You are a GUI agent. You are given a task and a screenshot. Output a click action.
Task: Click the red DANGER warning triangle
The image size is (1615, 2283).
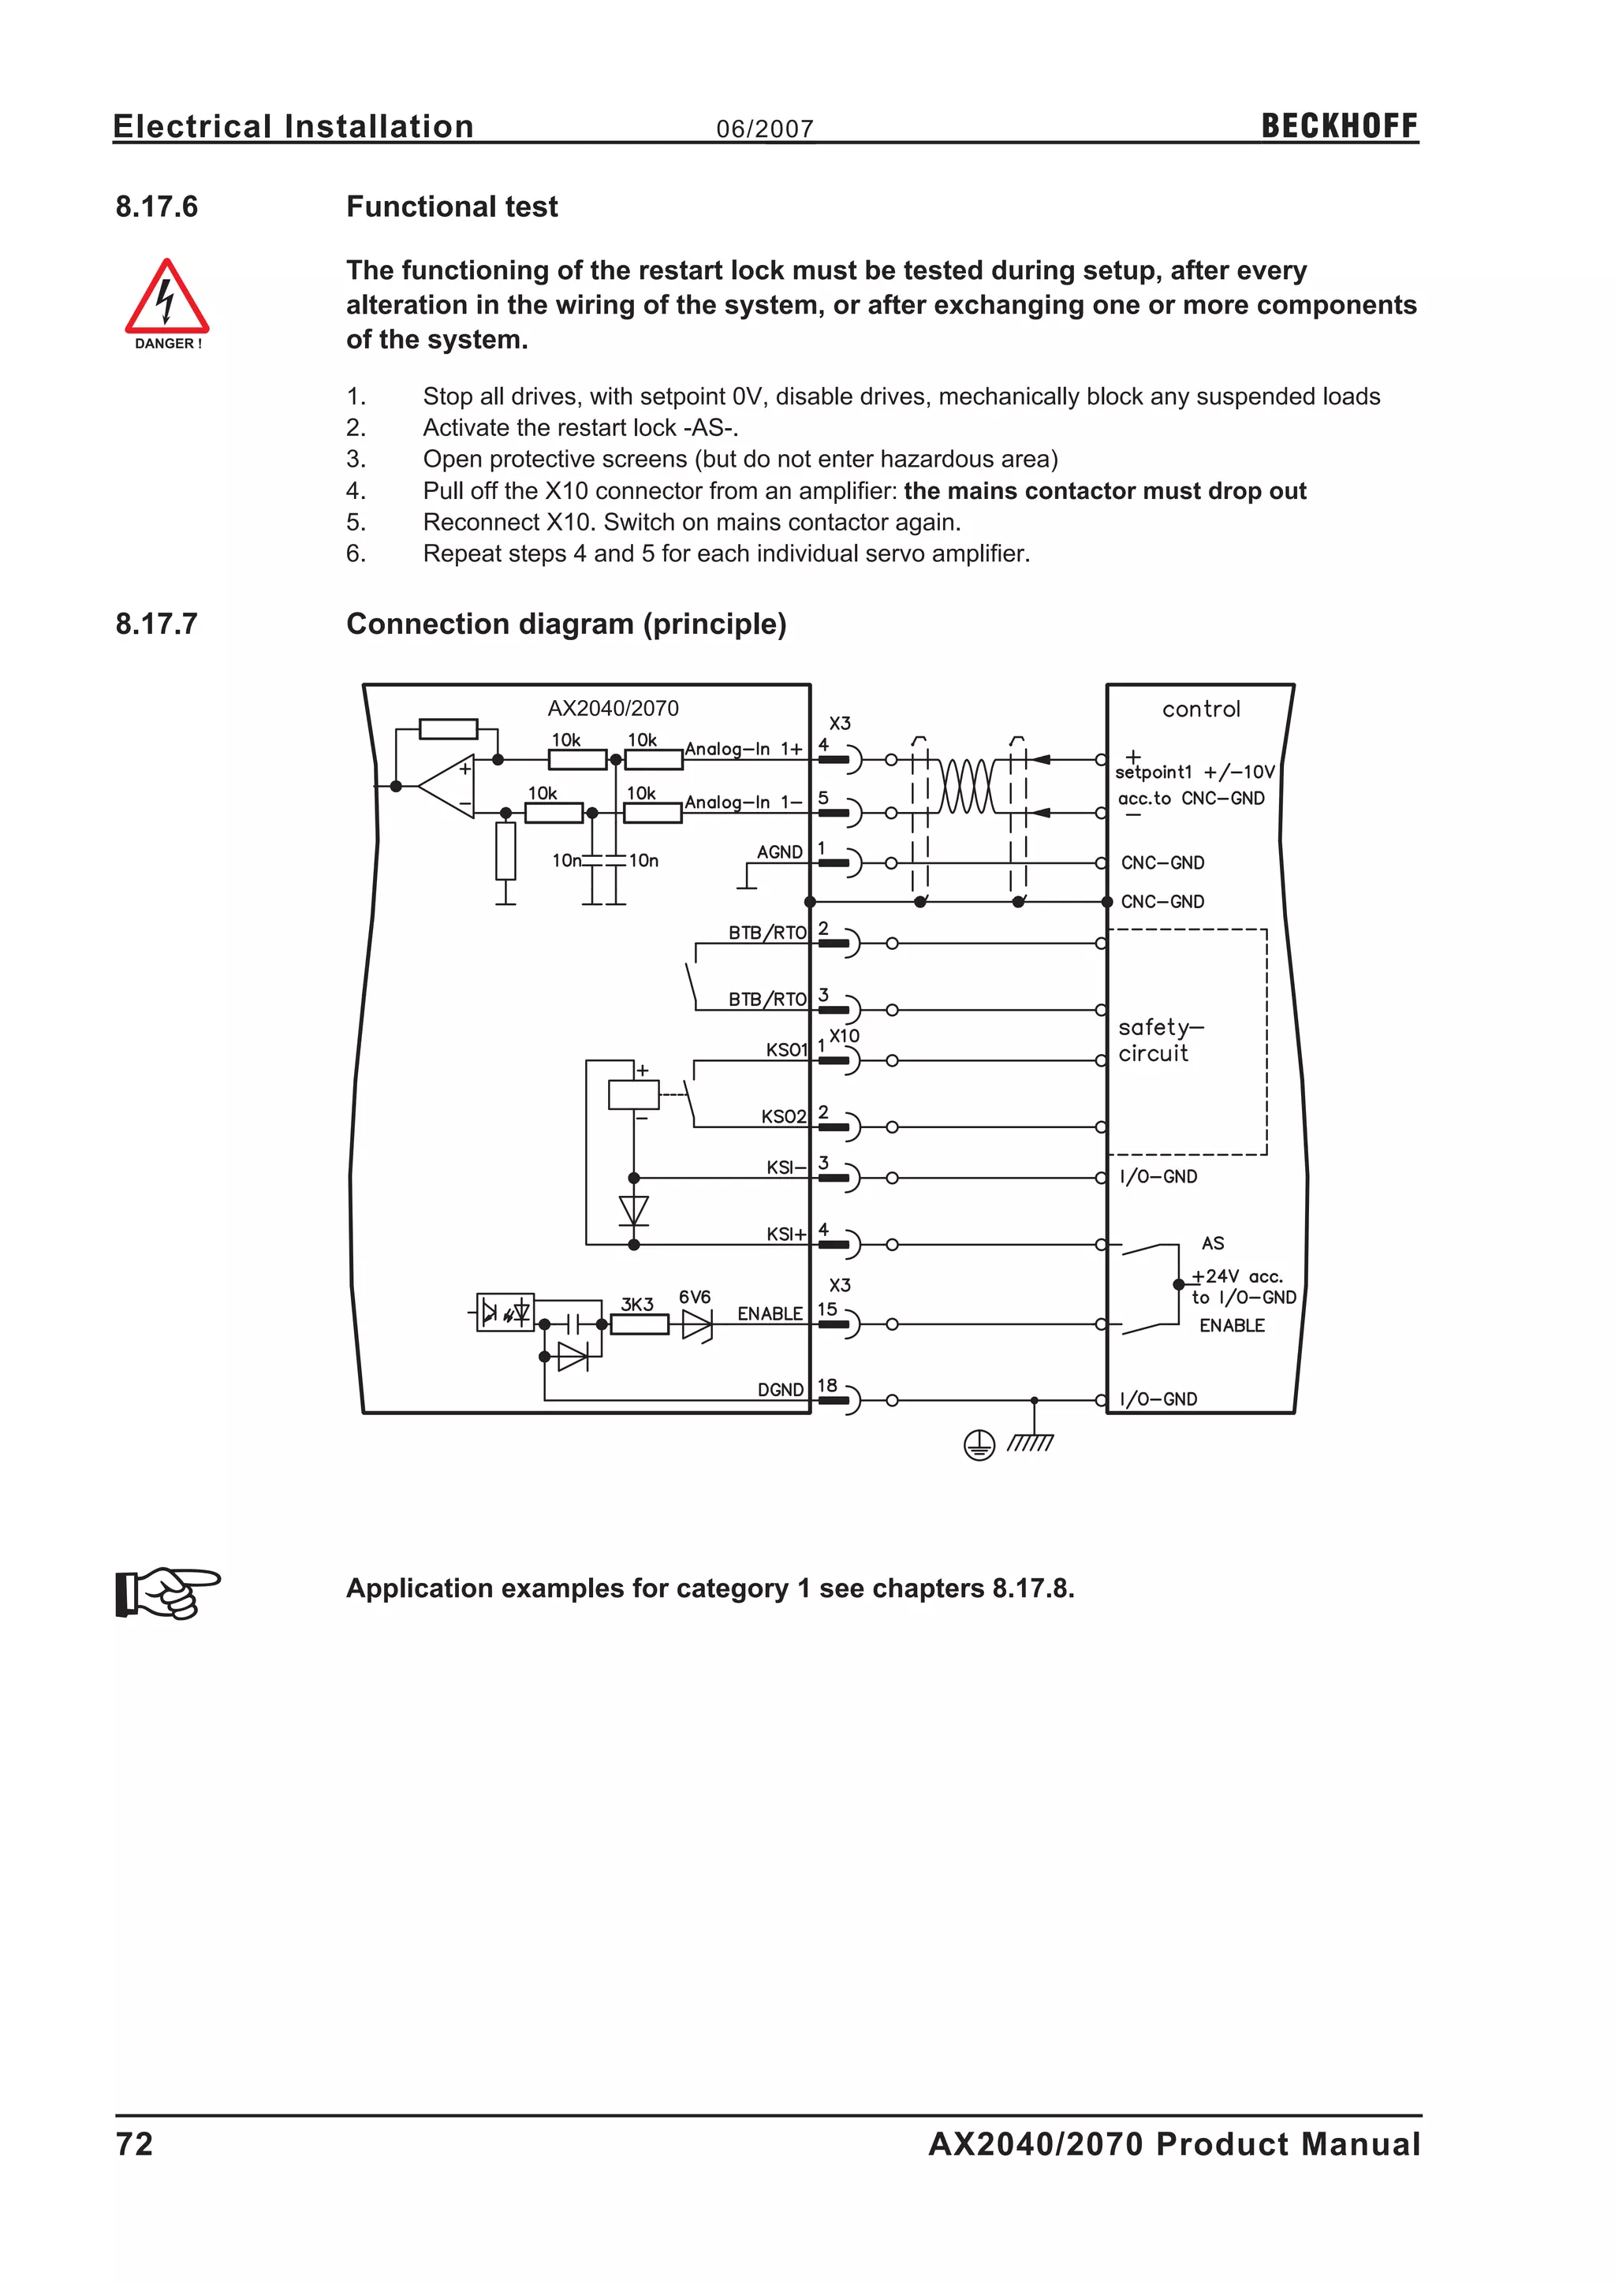tap(166, 298)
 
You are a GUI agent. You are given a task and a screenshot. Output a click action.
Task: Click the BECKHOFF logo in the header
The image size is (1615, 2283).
tap(1338, 126)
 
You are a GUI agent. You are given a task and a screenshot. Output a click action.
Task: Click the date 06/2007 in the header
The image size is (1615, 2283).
tap(765, 129)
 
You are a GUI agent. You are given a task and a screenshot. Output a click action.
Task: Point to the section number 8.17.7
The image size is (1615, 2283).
tap(157, 624)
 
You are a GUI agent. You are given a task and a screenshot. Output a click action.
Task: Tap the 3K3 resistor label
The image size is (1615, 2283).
tap(637, 1304)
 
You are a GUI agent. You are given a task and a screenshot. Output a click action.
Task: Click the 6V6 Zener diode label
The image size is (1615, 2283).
tap(694, 1297)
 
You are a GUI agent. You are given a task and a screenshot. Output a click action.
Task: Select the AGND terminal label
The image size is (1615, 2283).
tap(780, 852)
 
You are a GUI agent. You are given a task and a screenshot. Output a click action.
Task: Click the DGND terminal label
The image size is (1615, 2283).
tap(781, 1389)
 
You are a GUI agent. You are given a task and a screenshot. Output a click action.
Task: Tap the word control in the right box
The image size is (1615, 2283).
tap(1201, 709)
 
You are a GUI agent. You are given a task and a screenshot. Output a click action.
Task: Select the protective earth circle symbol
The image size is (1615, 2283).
tap(979, 1446)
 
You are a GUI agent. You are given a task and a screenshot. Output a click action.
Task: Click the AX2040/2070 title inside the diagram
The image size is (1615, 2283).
tap(613, 708)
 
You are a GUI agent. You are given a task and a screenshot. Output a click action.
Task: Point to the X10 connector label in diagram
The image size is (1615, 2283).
tap(845, 1035)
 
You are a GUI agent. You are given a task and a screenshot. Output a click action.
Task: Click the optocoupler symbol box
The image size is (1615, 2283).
tap(505, 1313)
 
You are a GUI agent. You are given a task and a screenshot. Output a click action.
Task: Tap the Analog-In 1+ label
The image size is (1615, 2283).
tap(743, 749)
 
